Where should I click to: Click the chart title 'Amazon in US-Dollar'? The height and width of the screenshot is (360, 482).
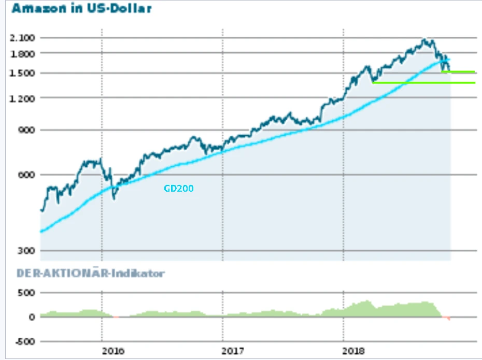tap(81, 9)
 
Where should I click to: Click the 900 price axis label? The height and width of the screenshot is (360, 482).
tap(26, 131)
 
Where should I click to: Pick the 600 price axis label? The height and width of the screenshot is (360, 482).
tap(26, 175)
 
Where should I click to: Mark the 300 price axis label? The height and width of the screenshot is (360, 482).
tap(26, 251)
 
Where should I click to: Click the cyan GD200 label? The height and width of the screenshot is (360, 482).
tap(178, 189)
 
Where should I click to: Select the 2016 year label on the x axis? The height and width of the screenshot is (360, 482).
tap(114, 351)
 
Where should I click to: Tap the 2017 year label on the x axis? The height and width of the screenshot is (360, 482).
tap(234, 351)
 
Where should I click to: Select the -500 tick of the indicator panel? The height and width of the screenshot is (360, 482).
tap(25, 341)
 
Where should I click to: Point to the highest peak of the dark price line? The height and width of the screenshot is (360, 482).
tap(425, 39)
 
